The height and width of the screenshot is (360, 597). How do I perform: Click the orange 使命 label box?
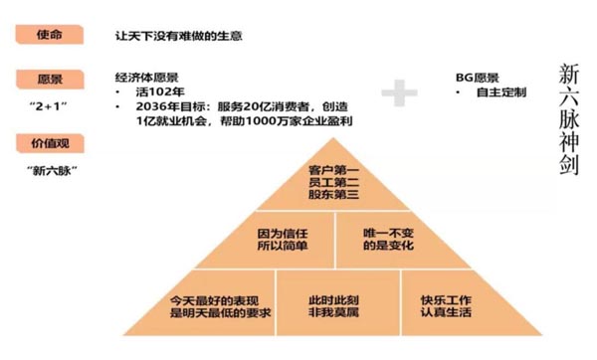(x=48, y=34)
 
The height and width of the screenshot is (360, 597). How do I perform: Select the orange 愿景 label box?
(x=48, y=78)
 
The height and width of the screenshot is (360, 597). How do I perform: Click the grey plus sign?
(x=399, y=92)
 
